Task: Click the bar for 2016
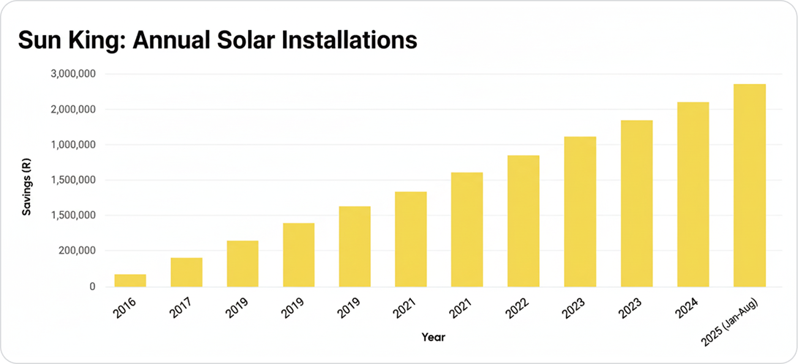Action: coord(130,280)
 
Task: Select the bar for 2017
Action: coord(187,272)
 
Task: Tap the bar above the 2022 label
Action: coord(523,221)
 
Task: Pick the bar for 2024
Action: coord(693,194)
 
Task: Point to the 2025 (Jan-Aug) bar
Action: coord(749,185)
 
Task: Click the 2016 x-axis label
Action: coord(125,308)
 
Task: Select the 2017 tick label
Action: coord(181,308)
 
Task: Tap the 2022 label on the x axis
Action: coord(518,308)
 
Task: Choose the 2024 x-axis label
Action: coord(688,308)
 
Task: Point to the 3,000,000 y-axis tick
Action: coord(74,74)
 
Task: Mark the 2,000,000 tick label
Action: coord(74,110)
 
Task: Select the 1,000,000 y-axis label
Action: coord(74,145)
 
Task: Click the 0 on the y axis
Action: coord(92,287)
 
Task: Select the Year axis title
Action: coord(433,337)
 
